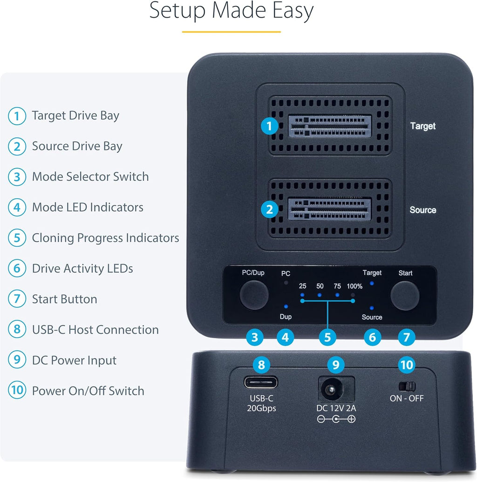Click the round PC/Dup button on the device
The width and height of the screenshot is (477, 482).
[254, 295]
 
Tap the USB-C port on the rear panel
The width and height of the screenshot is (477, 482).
[261, 383]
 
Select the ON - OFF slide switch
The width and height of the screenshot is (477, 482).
[407, 386]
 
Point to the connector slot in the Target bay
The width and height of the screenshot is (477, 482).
[330, 126]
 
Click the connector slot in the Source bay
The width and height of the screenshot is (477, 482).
[330, 209]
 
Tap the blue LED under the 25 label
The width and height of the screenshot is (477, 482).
[302, 295]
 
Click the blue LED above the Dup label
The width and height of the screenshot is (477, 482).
[286, 306]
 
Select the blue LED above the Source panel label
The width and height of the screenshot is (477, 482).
[371, 308]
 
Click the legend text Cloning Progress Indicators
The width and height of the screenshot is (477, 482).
[105, 238]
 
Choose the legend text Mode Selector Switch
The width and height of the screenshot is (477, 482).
[90, 177]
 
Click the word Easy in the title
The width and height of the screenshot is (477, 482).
[290, 11]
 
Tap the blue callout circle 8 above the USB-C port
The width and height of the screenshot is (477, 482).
[261, 365]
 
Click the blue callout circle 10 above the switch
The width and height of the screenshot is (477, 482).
[407, 365]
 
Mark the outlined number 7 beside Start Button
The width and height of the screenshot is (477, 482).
[17, 299]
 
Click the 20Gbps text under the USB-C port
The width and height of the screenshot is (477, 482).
[261, 408]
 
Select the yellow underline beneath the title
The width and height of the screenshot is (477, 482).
[231, 32]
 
